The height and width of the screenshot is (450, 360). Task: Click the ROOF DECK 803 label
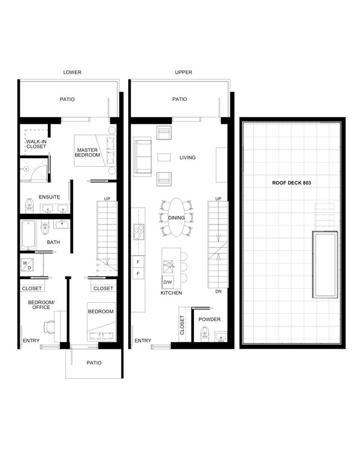click(x=291, y=183)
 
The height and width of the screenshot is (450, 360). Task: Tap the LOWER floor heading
click(x=73, y=73)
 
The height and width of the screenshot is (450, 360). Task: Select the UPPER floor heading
click(x=183, y=73)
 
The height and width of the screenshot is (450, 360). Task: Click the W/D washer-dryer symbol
click(x=28, y=265)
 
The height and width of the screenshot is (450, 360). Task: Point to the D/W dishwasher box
click(x=168, y=282)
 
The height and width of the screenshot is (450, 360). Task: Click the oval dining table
click(x=176, y=217)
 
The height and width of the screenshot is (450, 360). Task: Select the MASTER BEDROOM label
click(x=87, y=152)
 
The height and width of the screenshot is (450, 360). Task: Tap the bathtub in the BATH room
click(x=29, y=235)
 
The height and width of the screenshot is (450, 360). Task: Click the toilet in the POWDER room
click(x=204, y=333)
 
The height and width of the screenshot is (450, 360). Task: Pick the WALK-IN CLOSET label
click(x=36, y=144)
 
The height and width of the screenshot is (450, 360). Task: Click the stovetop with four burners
click(x=139, y=232)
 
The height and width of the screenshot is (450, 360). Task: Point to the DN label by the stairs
click(x=218, y=291)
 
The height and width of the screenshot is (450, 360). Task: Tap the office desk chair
click(x=49, y=327)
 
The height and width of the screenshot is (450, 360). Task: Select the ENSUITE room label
click(x=49, y=197)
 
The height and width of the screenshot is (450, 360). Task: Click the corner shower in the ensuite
click(x=33, y=170)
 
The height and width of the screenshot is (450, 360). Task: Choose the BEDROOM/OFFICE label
click(x=41, y=305)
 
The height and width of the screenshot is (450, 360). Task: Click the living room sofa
click(x=142, y=156)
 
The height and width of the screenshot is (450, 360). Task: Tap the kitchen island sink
click(x=168, y=267)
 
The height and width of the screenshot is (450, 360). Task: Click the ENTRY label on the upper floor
click(x=143, y=341)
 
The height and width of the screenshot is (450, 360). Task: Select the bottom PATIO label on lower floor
click(x=94, y=363)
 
